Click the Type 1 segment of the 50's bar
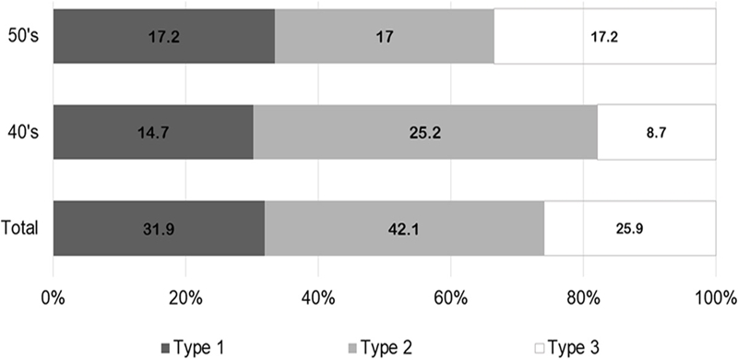[164, 36]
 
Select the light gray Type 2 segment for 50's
[385, 36]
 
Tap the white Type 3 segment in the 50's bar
[605, 36]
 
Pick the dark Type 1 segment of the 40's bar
[153, 132]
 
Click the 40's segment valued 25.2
[425, 132]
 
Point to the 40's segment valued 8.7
[657, 132]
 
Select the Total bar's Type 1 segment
[159, 228]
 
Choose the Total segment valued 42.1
[404, 228]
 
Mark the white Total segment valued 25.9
[630, 228]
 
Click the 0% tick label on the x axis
[54, 298]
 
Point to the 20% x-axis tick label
[185, 298]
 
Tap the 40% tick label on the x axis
[318, 298]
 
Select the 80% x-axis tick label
[583, 298]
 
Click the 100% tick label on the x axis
[715, 298]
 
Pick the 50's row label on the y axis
[24, 36]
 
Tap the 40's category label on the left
[24, 132]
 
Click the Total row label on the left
[19, 229]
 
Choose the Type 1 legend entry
[192, 349]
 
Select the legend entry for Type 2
[380, 349]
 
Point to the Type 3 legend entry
[567, 349]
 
